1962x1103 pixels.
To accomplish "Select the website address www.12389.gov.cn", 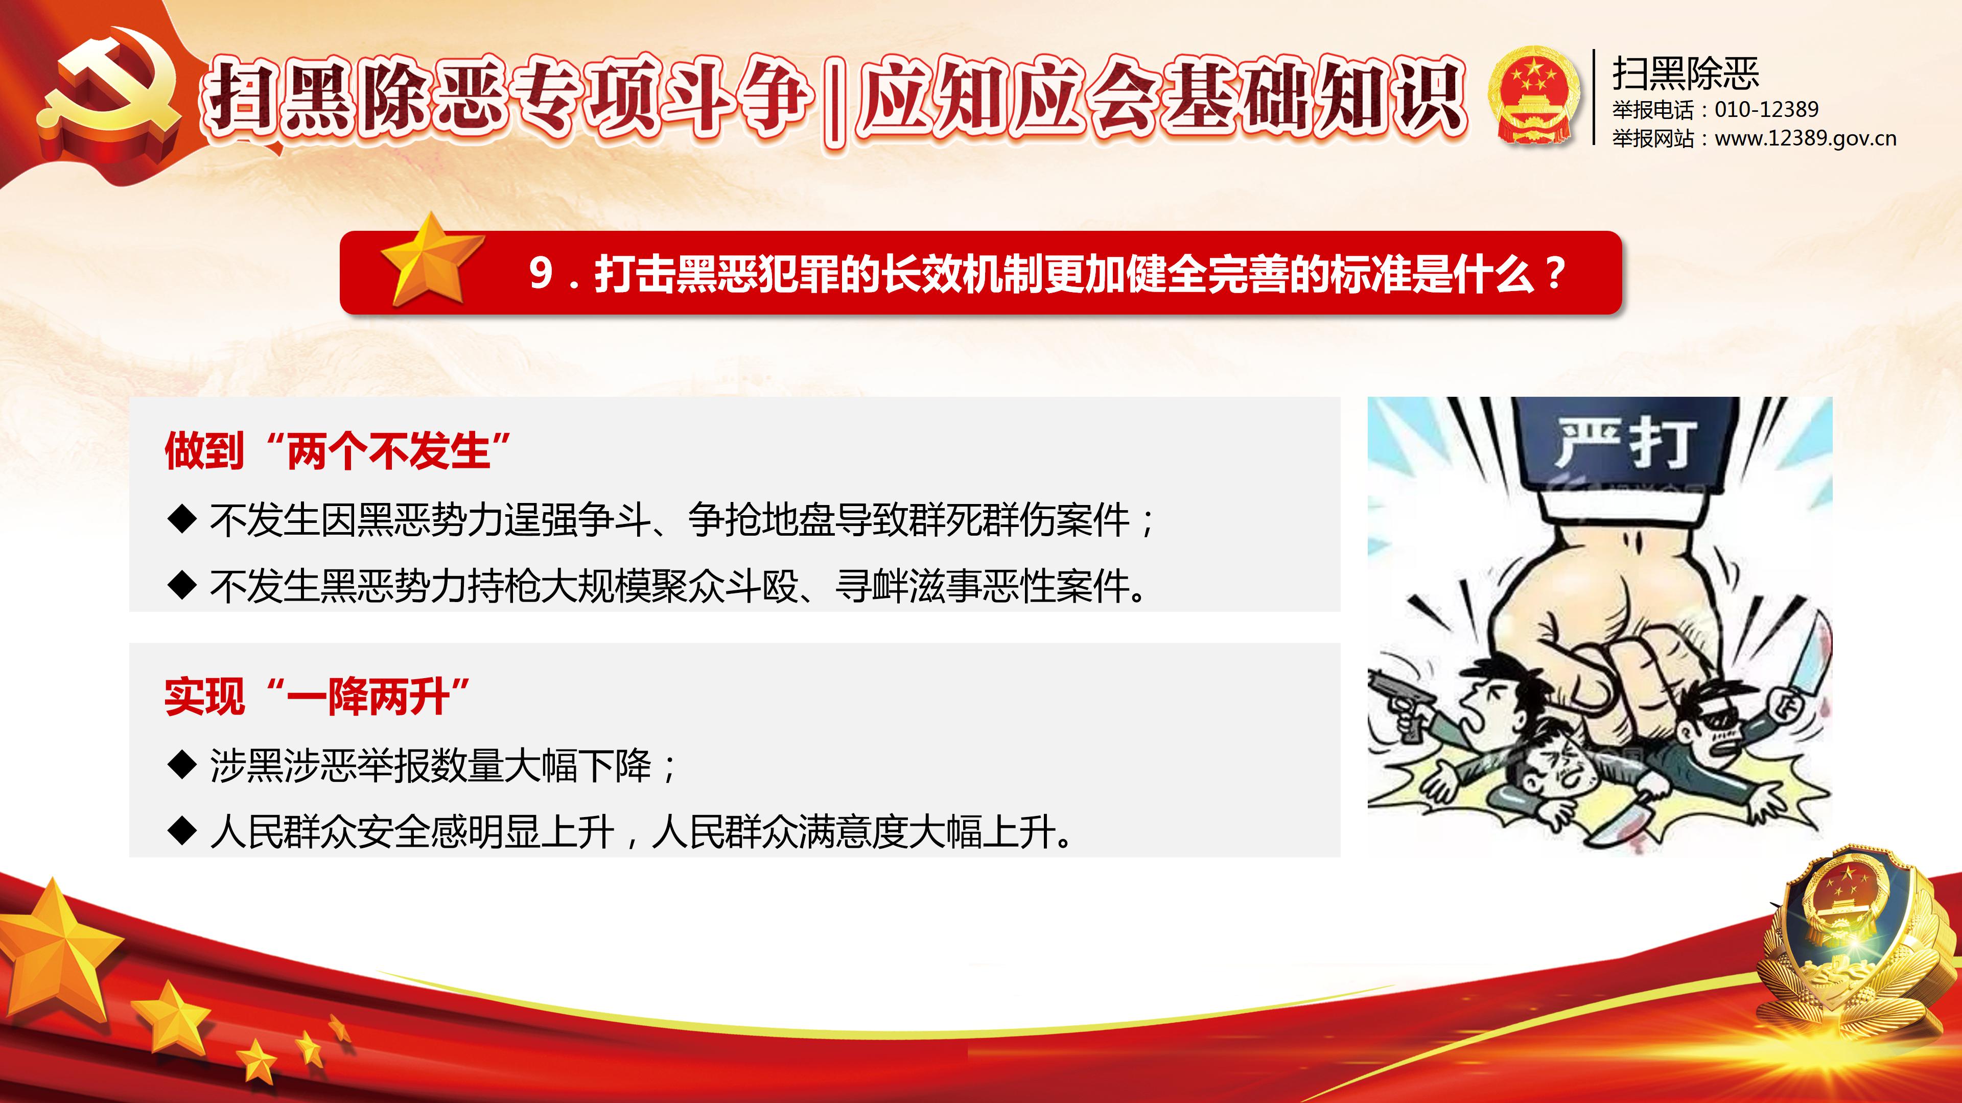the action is (x=1805, y=138).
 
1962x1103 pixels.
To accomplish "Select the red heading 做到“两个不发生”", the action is (x=337, y=450).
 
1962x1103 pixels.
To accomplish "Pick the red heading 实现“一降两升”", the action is (x=317, y=697).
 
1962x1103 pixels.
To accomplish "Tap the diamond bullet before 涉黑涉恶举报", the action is (x=182, y=765).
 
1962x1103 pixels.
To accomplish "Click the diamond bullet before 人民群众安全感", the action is (x=182, y=831).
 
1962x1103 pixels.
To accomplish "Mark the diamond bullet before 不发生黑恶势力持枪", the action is (x=182, y=585).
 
